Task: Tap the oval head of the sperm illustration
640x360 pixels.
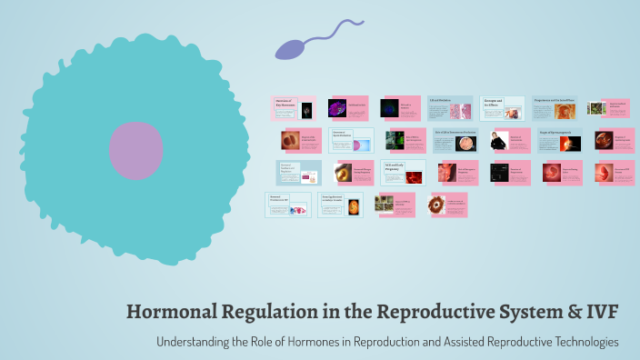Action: [x=291, y=49]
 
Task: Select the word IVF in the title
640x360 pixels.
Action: [x=602, y=312]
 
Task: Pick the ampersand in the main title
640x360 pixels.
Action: [x=573, y=312]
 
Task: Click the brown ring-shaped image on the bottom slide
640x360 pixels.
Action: [x=437, y=205]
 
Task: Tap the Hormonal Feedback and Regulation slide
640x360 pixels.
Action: [x=287, y=172]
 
